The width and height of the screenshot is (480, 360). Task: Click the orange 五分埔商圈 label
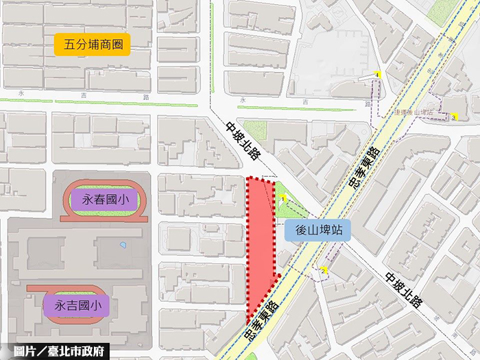(92, 45)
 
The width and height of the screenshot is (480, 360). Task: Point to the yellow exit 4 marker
(376, 74)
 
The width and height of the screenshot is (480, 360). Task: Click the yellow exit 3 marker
(453, 117)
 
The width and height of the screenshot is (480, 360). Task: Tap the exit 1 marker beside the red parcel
(282, 199)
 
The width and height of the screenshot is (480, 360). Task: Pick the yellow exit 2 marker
(324, 270)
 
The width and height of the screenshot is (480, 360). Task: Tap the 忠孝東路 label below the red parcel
(261, 322)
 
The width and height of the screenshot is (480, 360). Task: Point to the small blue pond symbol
(123, 245)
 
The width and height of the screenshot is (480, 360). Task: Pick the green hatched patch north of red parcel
(256, 129)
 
